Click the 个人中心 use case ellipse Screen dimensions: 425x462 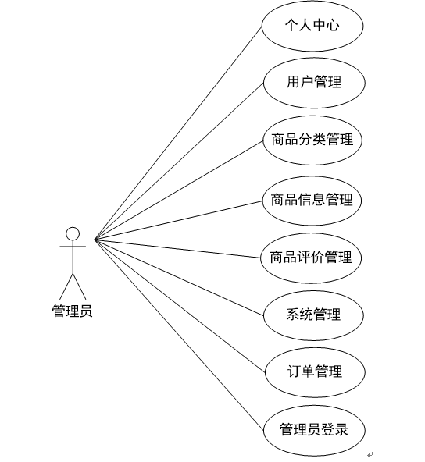pos(312,26)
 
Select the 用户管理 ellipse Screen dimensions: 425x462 pos(314,83)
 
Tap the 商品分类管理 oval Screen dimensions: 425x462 pos(312,140)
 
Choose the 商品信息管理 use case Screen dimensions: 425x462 pos(312,201)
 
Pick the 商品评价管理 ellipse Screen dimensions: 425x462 pos(311,258)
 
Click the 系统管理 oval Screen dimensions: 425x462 pos(313,315)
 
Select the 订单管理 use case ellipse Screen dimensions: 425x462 pos(315,372)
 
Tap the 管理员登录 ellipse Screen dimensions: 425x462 pos(314,431)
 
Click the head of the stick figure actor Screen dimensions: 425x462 pos(73,234)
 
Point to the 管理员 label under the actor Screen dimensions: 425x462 pos(72,311)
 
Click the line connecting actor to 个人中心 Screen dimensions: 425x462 pos(178,133)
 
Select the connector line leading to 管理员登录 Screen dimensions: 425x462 pos(179,335)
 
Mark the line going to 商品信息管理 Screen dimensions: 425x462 pos(178,220)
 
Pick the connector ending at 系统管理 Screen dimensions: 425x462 pos(179,277)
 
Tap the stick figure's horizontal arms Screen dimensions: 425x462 pos(73,247)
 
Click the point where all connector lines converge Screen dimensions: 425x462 pos(95,240)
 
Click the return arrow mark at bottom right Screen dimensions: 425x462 pos(370,455)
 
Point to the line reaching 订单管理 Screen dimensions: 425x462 pos(180,306)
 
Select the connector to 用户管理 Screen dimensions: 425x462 pos(179,162)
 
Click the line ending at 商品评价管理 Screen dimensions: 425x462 pos(178,249)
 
